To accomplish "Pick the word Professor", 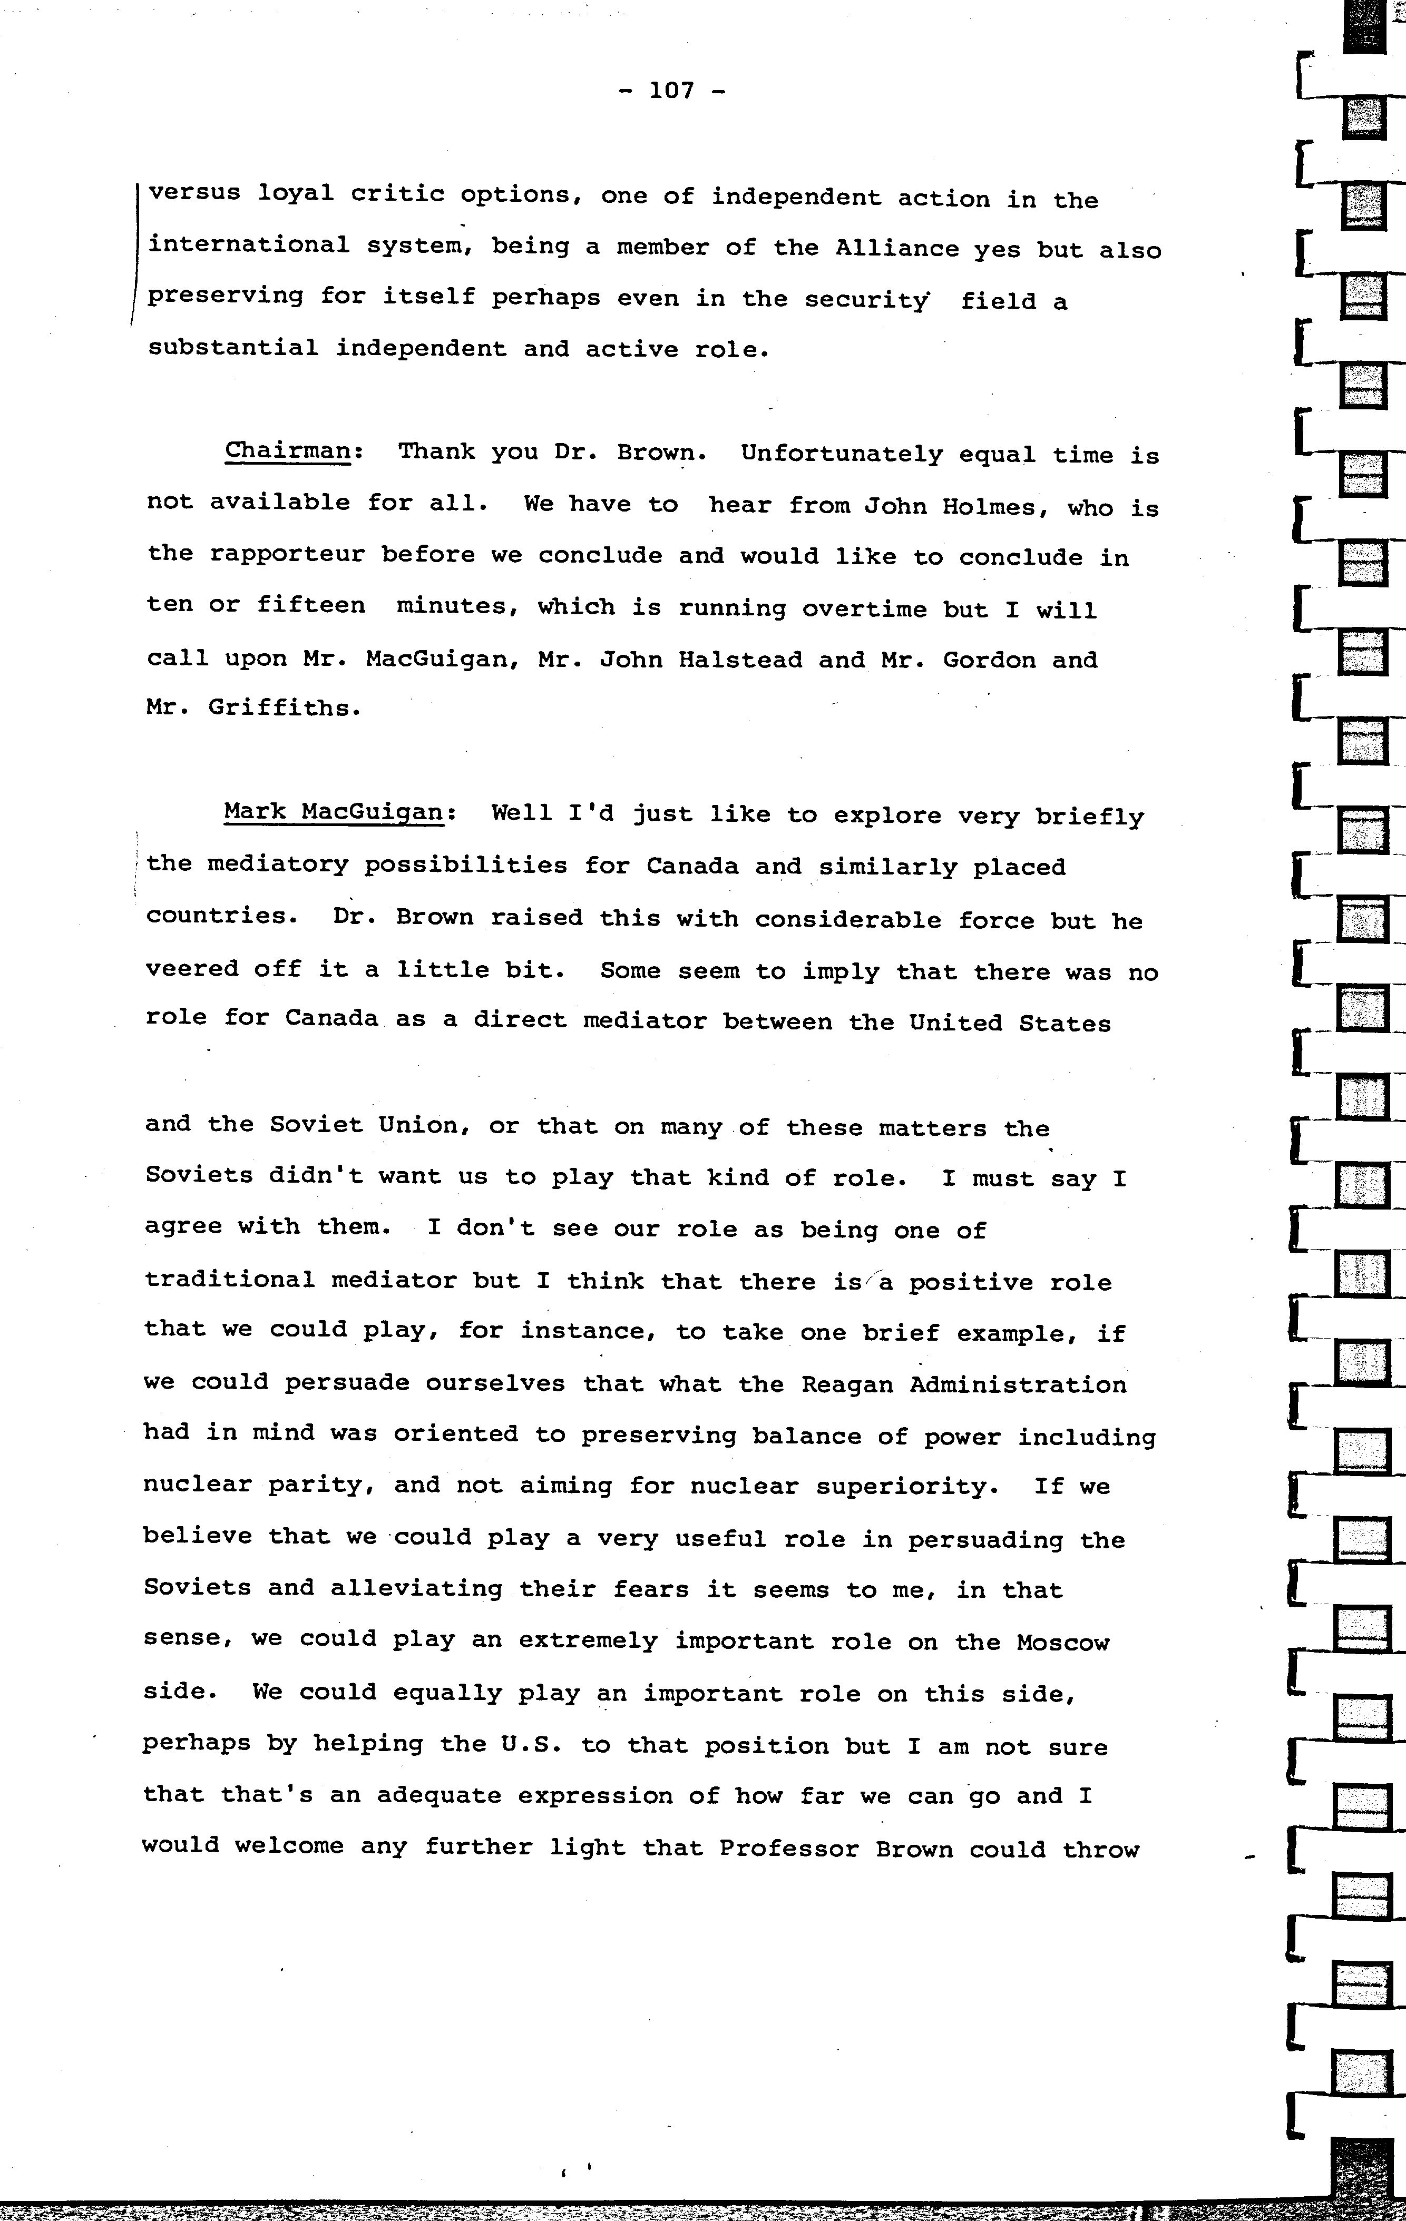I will tap(789, 1849).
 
